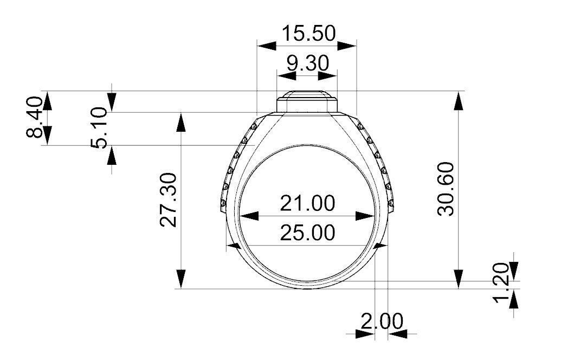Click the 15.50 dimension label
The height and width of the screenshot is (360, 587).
[x=307, y=34]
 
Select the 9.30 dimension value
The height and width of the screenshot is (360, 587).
[x=307, y=63]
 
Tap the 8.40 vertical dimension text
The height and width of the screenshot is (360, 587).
[x=35, y=118]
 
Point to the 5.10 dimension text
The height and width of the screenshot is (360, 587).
[x=101, y=128]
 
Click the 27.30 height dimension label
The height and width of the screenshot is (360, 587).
[x=168, y=200]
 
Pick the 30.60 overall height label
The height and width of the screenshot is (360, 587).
[x=446, y=189]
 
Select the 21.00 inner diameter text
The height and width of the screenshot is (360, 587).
[x=307, y=204]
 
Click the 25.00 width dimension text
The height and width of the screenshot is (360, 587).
[x=307, y=233]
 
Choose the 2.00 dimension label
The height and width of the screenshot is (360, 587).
[x=382, y=322]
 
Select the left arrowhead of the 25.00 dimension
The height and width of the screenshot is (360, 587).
[x=235, y=245]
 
